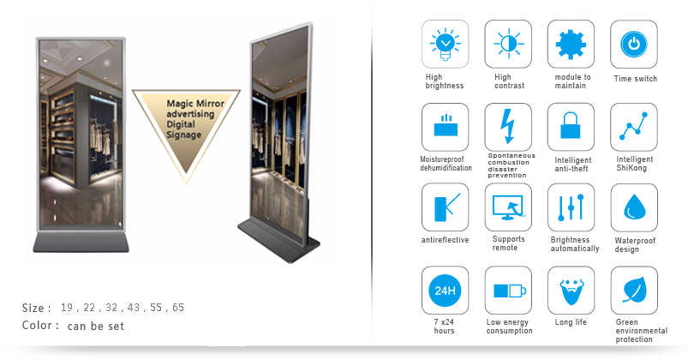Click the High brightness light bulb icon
[x=445, y=44]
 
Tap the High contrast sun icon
[x=508, y=44]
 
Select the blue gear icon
[x=571, y=45]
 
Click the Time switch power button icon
[x=633, y=44]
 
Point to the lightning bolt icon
[x=508, y=127]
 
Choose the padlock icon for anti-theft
[x=571, y=125]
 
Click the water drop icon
[x=635, y=207]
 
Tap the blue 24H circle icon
[x=445, y=291]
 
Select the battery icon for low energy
[x=510, y=291]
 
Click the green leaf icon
[x=635, y=290]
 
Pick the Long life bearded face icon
[x=571, y=291]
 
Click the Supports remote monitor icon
[x=508, y=207]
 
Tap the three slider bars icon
[x=571, y=207]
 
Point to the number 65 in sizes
[x=178, y=308]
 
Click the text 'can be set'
[x=96, y=326]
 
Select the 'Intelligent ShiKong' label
[x=635, y=164]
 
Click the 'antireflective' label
[x=445, y=240]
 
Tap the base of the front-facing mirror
[x=81, y=242]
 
